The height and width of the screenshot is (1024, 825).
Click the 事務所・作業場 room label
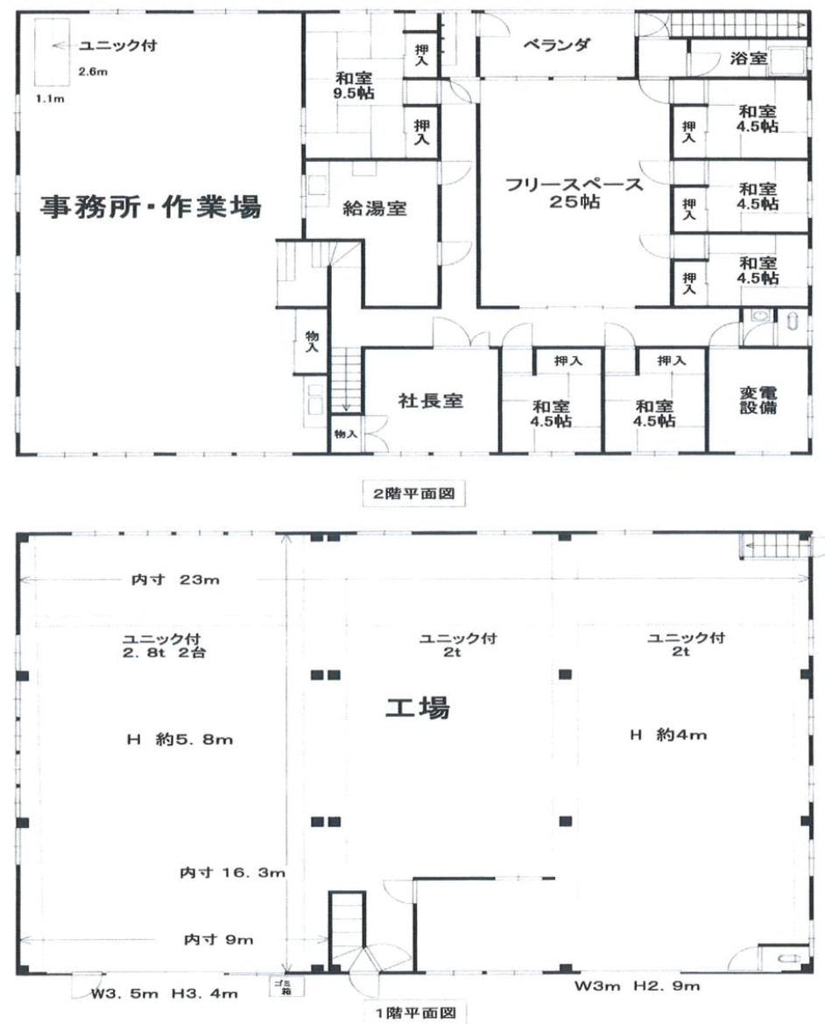click(x=151, y=207)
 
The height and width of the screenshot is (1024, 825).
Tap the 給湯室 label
click(x=375, y=208)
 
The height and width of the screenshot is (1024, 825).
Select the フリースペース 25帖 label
click(x=574, y=193)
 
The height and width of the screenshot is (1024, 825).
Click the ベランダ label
click(x=556, y=45)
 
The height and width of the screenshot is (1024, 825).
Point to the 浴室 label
click(x=749, y=58)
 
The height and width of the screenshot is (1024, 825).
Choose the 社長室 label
click(x=431, y=400)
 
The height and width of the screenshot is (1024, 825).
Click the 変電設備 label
click(x=758, y=400)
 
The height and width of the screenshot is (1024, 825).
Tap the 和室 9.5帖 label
click(x=354, y=86)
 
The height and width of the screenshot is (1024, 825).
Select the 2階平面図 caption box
click(x=413, y=493)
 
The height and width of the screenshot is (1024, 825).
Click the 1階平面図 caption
click(x=415, y=1013)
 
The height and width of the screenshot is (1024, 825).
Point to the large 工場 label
click(x=418, y=708)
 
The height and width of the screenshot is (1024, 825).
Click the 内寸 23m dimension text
click(x=175, y=579)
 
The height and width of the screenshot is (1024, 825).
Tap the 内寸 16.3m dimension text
click(x=232, y=873)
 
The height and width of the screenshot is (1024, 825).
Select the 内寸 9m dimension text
click(x=218, y=939)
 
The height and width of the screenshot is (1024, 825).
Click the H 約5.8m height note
click(x=180, y=740)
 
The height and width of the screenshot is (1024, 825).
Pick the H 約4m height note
click(x=667, y=734)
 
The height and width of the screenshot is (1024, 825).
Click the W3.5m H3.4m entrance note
click(x=164, y=993)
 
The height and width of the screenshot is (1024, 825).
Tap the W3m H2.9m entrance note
click(x=637, y=985)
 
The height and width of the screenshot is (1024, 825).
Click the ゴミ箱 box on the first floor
click(x=286, y=986)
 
